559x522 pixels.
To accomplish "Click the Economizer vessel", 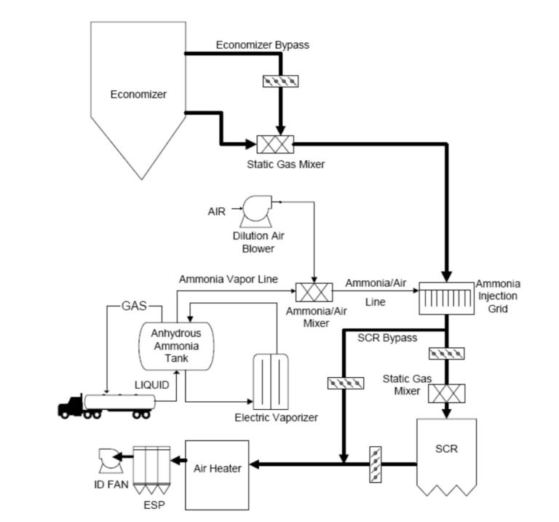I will (138, 95).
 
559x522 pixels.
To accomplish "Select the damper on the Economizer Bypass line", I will (280, 80).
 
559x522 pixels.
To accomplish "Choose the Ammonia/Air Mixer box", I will (313, 293).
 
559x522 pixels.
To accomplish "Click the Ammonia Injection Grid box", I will (445, 298).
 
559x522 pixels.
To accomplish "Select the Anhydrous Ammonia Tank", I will (175, 346).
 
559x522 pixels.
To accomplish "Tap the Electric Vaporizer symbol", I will (269, 381).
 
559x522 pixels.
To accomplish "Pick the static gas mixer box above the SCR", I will (445, 393).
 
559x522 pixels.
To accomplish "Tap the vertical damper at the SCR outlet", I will (375, 463).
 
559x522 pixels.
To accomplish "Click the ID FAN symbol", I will (109, 461).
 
